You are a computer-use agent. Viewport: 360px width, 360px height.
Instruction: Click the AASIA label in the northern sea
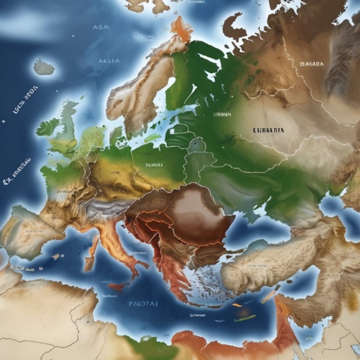pos(109,61)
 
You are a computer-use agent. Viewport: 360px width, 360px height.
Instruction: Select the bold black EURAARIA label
pos(268,130)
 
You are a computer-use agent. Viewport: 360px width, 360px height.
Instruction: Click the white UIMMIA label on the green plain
pos(222,114)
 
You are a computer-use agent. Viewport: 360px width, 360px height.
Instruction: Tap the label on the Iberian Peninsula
pos(34,232)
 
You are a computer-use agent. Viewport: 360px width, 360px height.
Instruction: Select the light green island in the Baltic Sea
pos(152,138)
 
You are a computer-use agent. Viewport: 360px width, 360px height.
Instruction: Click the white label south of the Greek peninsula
pos(197,315)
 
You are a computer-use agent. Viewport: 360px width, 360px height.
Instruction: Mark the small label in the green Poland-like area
pos(154,165)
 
